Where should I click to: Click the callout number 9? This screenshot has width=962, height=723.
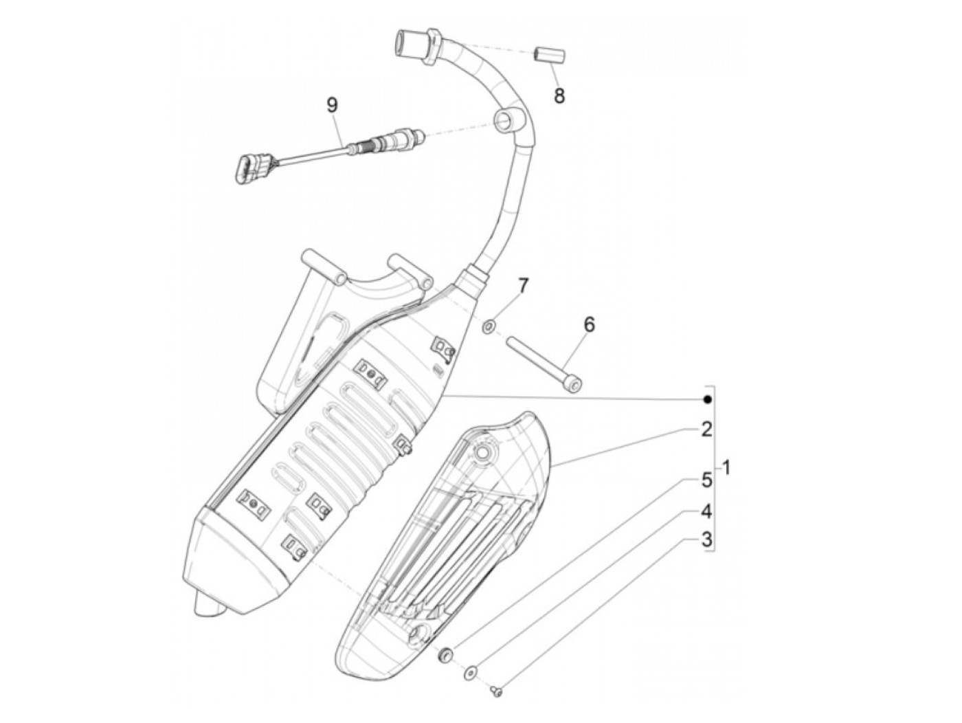[x=332, y=106]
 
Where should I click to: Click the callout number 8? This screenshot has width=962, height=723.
[x=559, y=96]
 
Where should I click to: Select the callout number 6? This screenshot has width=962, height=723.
[x=589, y=324]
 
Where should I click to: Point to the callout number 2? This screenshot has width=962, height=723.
[x=706, y=431]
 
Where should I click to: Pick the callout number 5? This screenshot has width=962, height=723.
[x=706, y=481]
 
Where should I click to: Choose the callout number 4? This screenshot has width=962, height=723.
[x=706, y=512]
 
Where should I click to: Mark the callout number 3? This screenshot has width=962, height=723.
[x=706, y=540]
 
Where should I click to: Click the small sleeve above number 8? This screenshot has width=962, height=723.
[x=548, y=54]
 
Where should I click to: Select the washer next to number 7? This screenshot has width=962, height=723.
[x=489, y=324]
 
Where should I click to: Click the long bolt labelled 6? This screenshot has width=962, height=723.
[x=543, y=361]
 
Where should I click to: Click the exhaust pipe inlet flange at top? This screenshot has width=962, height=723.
[x=412, y=45]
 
